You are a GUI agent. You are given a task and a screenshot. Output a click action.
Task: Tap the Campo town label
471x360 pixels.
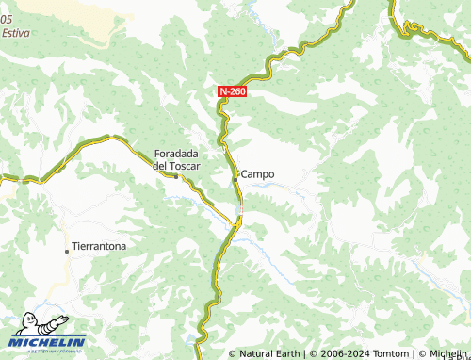[258, 174]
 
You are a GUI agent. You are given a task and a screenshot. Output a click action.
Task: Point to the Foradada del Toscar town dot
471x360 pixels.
[175, 174]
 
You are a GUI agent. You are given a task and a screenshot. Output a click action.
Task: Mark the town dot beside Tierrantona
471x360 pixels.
[67, 250]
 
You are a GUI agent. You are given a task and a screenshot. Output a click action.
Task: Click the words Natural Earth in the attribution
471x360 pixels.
[268, 353]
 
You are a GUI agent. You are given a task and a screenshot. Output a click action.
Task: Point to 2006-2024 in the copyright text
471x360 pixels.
[341, 353]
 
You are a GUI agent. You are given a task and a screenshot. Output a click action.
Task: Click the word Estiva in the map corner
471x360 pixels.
[15, 32]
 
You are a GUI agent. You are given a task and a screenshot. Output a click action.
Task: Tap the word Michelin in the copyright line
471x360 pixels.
[447, 353]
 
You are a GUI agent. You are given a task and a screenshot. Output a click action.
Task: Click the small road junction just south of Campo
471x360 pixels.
[238, 221]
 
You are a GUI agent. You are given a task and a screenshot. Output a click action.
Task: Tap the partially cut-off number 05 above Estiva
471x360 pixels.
[7, 20]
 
